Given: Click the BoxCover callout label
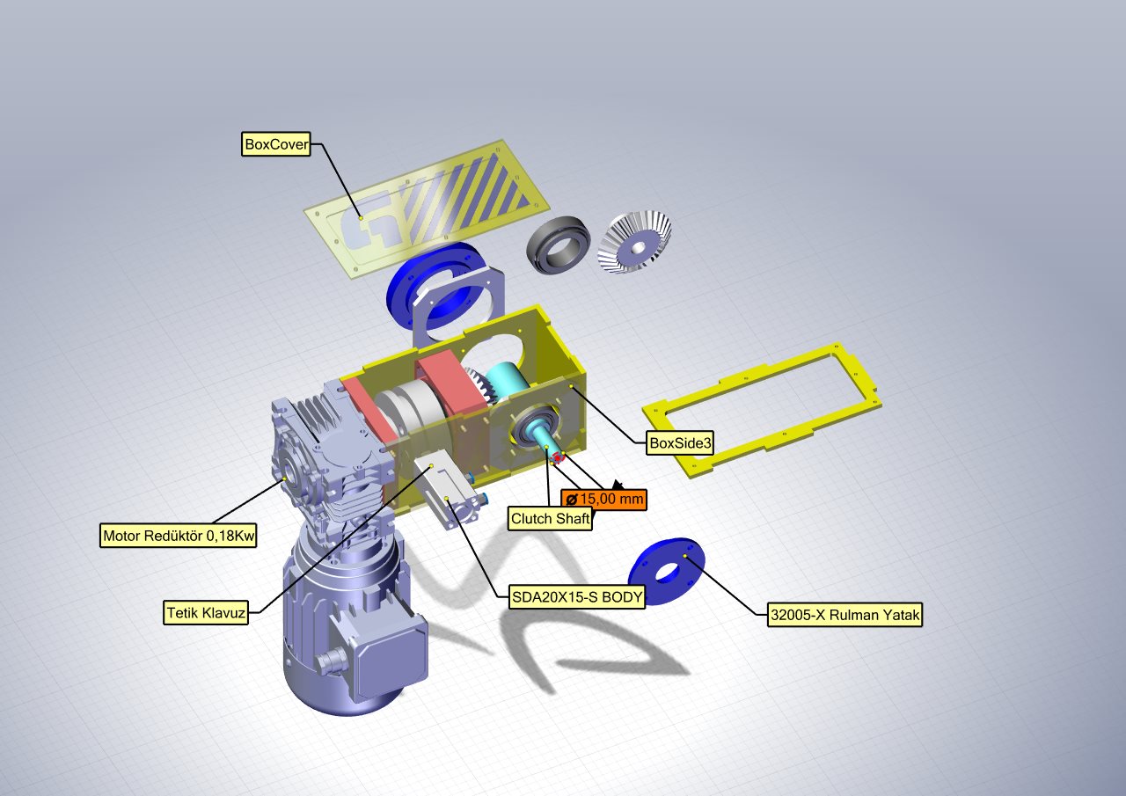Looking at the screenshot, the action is point(276,144).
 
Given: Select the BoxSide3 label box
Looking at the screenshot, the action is point(680,442).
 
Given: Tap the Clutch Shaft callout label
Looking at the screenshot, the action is point(550,518).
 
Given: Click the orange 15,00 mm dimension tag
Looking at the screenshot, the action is point(603,499).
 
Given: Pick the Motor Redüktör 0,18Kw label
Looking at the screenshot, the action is point(179,536).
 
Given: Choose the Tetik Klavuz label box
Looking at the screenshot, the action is point(206,613).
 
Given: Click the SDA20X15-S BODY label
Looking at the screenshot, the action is point(576,597).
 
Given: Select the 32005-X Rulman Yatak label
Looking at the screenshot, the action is point(845,615).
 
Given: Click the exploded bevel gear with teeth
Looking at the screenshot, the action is point(634,242).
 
